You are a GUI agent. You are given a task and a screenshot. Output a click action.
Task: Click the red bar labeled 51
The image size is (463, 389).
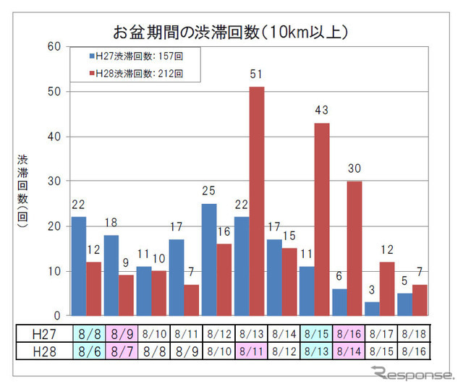click(x=257, y=201)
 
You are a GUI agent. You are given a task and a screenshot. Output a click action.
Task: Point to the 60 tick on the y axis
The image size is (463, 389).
click(x=54, y=46)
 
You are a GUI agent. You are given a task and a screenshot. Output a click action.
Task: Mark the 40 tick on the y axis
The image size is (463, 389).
click(x=54, y=137)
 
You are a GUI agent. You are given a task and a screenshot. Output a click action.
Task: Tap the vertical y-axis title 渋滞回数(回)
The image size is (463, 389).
click(x=25, y=191)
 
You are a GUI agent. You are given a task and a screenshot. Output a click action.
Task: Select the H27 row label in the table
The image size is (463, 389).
click(x=43, y=334)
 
